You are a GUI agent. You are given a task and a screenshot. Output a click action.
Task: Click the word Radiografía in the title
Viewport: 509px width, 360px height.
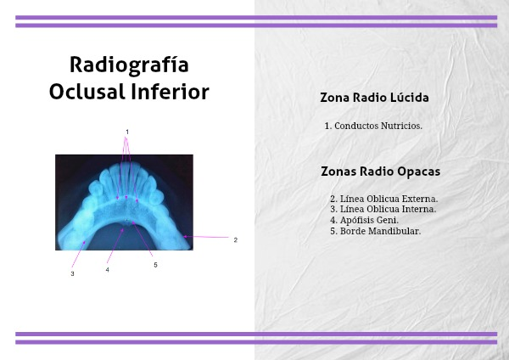pos(129,65)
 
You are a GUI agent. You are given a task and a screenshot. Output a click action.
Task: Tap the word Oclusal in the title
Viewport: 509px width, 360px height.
pos(87,92)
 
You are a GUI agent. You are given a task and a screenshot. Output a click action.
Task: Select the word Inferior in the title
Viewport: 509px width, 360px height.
pos(171,92)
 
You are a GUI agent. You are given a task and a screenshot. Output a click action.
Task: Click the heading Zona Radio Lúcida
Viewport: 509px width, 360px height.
pos(374,98)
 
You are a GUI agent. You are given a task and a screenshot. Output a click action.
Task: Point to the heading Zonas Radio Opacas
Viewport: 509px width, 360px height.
pos(380,172)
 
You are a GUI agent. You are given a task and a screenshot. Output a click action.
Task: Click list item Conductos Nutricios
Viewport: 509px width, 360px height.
pos(373,126)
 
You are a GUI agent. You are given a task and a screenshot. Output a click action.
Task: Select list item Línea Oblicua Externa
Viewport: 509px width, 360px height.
pos(384,199)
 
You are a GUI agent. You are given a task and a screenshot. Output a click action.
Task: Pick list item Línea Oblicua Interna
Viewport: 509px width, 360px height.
pos(383,209)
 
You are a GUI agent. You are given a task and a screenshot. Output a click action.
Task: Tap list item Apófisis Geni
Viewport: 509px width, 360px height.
pos(364,220)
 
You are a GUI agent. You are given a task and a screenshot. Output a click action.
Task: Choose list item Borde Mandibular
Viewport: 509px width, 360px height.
pos(375,231)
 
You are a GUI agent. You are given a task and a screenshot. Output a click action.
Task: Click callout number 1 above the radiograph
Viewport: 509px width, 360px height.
pos(127,132)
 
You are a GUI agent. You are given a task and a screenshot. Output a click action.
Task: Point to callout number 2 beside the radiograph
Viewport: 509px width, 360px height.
pos(236,239)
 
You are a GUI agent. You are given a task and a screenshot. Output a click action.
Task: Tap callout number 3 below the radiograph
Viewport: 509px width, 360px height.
pos(72,273)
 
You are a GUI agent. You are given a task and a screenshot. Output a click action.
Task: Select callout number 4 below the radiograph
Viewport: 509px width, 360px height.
pos(108,270)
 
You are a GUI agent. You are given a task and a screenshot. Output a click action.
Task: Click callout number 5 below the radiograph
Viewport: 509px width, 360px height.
pos(155,265)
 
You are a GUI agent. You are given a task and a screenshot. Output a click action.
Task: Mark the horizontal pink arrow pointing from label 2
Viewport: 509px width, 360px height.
pos(206,237)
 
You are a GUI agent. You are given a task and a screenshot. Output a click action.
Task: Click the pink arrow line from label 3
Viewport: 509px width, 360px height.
pos(79,254)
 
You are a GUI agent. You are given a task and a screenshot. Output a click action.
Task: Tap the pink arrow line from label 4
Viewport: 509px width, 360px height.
pos(115,245)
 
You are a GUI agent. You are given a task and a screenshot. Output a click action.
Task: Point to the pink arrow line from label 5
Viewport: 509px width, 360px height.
pos(142,239)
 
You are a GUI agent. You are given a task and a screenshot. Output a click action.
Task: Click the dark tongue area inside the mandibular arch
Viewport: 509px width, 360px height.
pos(125,237)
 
